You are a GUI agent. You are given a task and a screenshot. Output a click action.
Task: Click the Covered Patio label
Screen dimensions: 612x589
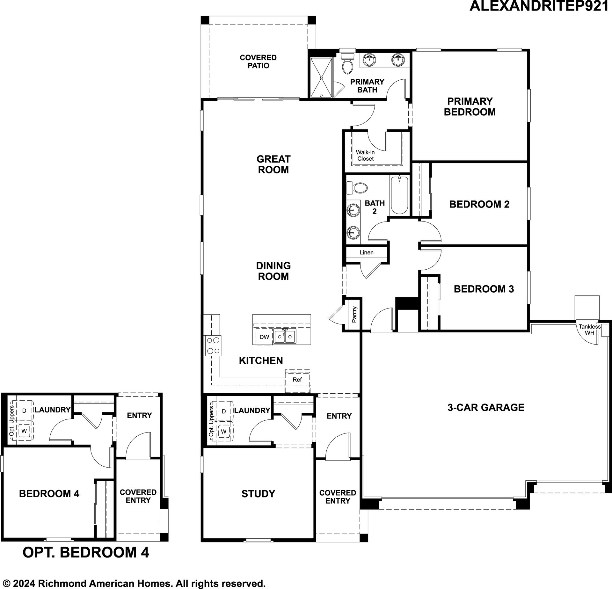coord(258,62)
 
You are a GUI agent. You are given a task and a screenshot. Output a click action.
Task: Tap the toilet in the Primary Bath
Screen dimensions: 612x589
coord(347,63)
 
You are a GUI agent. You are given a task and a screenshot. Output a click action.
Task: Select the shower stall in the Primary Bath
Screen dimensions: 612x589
coord(321,77)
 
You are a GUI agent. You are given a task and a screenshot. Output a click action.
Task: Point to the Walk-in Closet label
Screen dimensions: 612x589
coord(365,156)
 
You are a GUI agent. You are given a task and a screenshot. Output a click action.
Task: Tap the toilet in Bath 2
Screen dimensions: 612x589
coord(356,188)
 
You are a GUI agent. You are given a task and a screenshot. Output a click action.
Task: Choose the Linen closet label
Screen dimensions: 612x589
coord(367,252)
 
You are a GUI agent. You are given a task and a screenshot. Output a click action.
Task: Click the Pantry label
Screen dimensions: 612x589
coord(354,315)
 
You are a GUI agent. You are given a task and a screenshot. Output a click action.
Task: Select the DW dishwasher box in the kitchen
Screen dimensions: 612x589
coord(264,337)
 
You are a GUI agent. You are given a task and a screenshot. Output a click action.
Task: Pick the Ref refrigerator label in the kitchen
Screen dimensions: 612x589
coord(297,380)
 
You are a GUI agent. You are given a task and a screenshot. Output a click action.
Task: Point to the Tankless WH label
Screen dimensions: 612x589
coord(590,330)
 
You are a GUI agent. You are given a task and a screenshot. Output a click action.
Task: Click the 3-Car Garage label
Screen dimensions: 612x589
coord(486,407)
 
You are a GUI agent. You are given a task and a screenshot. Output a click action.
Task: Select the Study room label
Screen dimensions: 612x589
coord(258,494)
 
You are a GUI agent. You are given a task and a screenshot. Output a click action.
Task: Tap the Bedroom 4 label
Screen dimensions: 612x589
coord(49,494)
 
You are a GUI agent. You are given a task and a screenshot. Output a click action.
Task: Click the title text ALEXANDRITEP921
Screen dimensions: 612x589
coord(539,6)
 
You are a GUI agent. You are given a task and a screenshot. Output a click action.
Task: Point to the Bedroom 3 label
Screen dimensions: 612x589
coord(484,289)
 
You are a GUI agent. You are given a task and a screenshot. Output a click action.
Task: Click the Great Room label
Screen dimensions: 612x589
coord(273,164)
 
